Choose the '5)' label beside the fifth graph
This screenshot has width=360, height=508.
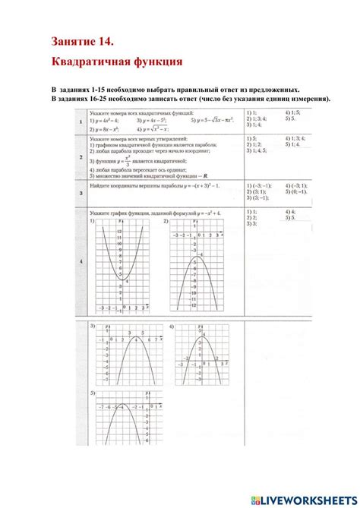(93, 394)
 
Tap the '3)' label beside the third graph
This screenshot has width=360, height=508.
(92, 327)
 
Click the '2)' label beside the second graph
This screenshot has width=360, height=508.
(168, 222)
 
